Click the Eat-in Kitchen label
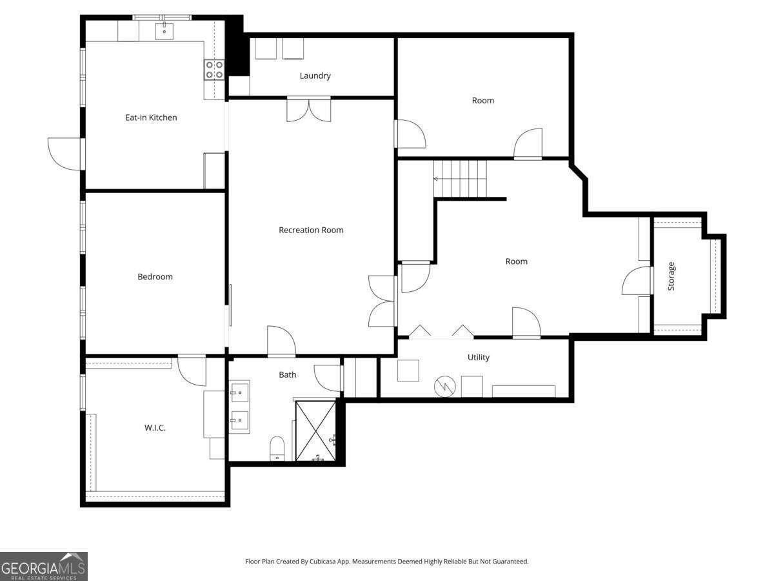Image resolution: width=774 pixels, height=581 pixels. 151,117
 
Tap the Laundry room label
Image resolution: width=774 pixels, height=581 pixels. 315,76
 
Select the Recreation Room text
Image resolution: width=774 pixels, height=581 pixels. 311,230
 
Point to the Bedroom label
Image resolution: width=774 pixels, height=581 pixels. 155,276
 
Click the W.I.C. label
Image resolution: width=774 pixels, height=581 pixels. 155,428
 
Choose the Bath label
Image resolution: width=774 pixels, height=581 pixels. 288,374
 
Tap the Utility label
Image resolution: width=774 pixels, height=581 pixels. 478,358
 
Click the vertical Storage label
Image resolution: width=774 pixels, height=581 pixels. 671,276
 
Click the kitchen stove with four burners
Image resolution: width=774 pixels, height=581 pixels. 214,70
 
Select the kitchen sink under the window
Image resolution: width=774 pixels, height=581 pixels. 164,31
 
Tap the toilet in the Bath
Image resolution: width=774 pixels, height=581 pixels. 277,449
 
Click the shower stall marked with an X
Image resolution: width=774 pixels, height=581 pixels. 315,431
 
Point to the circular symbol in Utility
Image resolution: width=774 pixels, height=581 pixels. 444,387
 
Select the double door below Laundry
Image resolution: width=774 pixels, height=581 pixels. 309,110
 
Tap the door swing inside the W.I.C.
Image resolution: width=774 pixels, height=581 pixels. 192,371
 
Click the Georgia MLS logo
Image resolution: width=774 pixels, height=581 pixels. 44,566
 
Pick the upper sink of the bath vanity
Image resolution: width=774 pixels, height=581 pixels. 239,392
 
